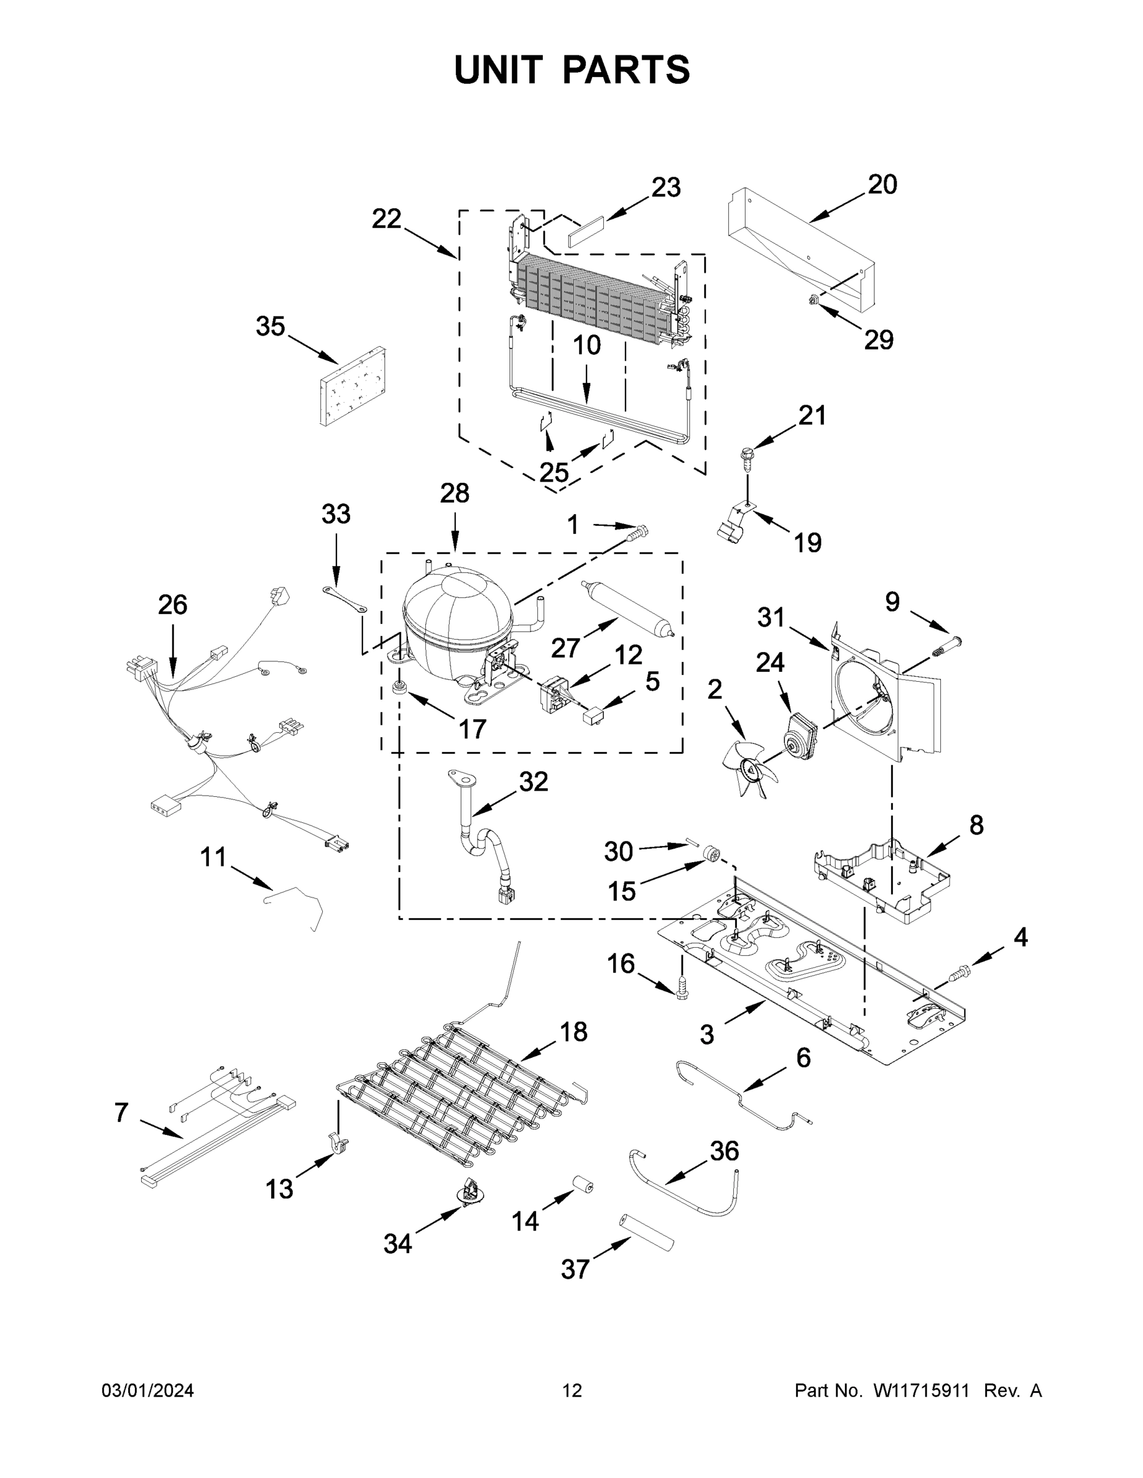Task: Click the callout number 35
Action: [x=269, y=327]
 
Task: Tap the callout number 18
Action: [x=573, y=1032]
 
